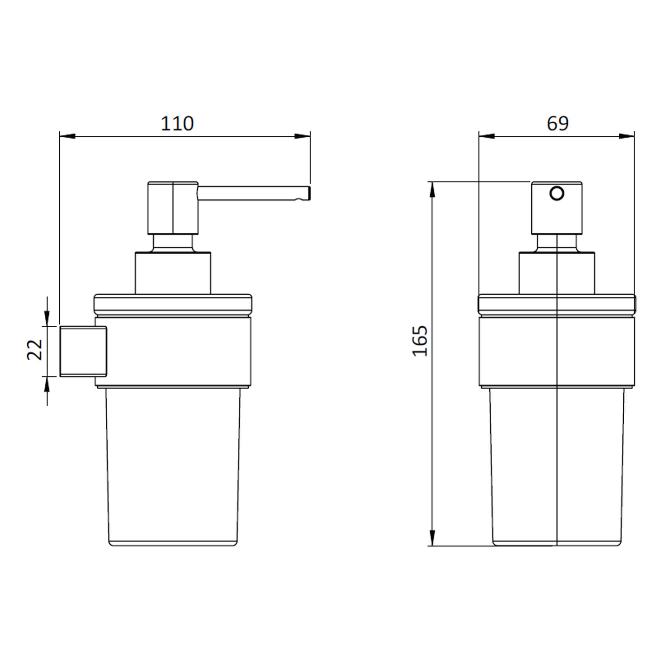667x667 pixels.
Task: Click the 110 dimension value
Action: point(177,124)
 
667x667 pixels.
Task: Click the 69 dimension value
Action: point(557,124)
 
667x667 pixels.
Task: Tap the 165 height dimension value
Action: point(420,341)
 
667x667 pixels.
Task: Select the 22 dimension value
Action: point(35,350)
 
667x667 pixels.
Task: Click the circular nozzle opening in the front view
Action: point(557,193)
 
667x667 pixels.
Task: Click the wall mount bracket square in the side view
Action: point(83,352)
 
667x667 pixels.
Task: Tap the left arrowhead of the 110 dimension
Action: point(67,136)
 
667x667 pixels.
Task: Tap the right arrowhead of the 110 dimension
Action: point(302,136)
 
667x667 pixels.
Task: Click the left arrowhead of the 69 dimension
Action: point(487,136)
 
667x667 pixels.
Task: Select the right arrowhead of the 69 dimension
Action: point(627,136)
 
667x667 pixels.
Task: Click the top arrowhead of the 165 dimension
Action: point(432,189)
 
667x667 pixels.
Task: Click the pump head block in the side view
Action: point(173,208)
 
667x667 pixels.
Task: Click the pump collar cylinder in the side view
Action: point(173,273)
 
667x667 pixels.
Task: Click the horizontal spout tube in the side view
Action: point(252,193)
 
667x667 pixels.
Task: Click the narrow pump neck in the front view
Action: point(557,243)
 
